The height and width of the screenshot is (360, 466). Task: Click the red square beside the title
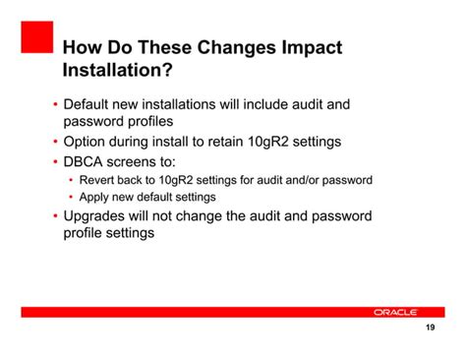(x=36, y=37)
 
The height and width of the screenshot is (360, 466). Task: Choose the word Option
(x=87, y=142)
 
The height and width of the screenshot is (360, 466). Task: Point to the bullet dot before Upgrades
(x=55, y=216)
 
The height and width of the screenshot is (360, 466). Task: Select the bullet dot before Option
(x=55, y=143)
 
